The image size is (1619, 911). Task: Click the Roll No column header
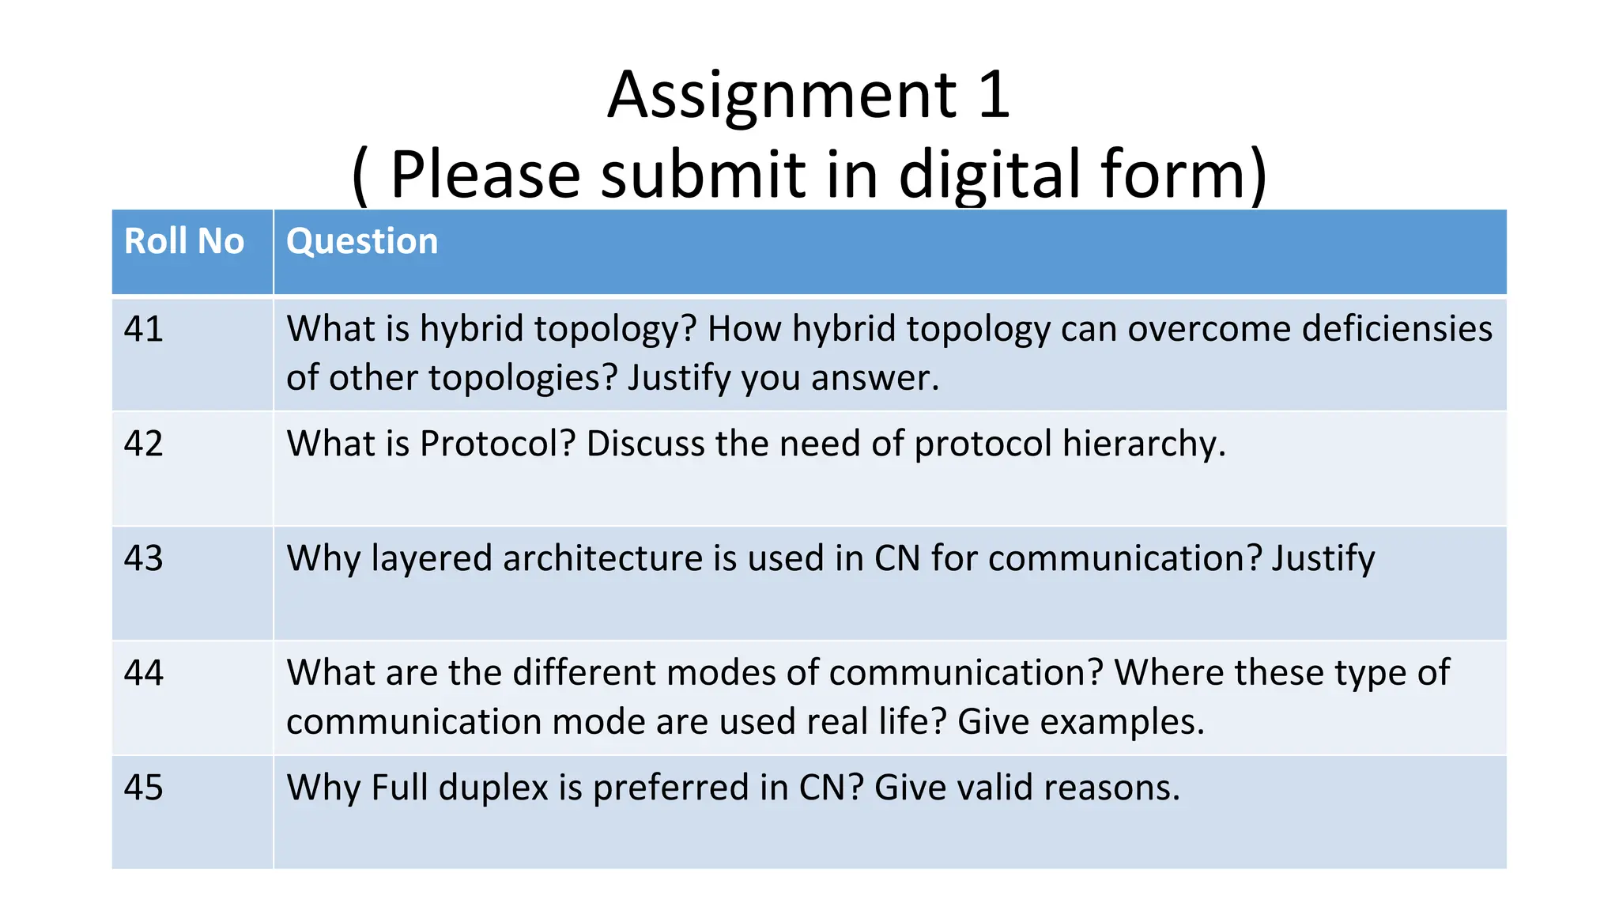[x=184, y=241]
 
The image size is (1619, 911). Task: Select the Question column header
[x=361, y=241]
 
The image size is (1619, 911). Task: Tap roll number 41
[x=143, y=329]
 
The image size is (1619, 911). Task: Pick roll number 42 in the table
[x=143, y=444]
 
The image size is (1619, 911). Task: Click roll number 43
[x=143, y=558]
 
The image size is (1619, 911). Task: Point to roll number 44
[x=143, y=673]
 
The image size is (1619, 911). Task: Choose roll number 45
[x=143, y=788]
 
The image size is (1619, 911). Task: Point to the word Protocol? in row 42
[x=498, y=444]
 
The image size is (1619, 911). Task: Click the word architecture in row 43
[x=602, y=558]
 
